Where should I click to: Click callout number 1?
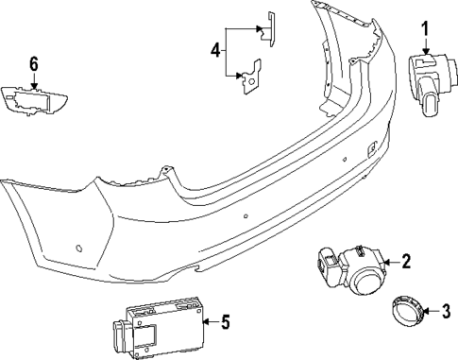[424, 28]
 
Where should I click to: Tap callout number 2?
[406, 262]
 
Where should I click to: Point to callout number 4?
[216, 48]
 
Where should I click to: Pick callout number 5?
[226, 323]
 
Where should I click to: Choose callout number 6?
[33, 64]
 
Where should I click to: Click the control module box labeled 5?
[161, 323]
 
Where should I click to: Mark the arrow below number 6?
[34, 82]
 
